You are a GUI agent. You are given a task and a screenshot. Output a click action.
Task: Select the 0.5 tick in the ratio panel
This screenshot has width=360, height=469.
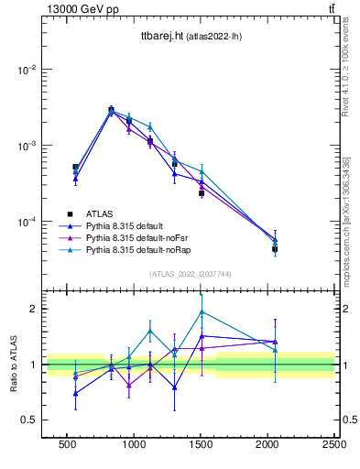point(27,420)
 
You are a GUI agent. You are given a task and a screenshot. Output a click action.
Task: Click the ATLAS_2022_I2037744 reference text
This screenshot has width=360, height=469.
point(190,274)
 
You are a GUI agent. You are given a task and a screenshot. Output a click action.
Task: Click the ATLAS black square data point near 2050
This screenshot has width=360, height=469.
point(275,249)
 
